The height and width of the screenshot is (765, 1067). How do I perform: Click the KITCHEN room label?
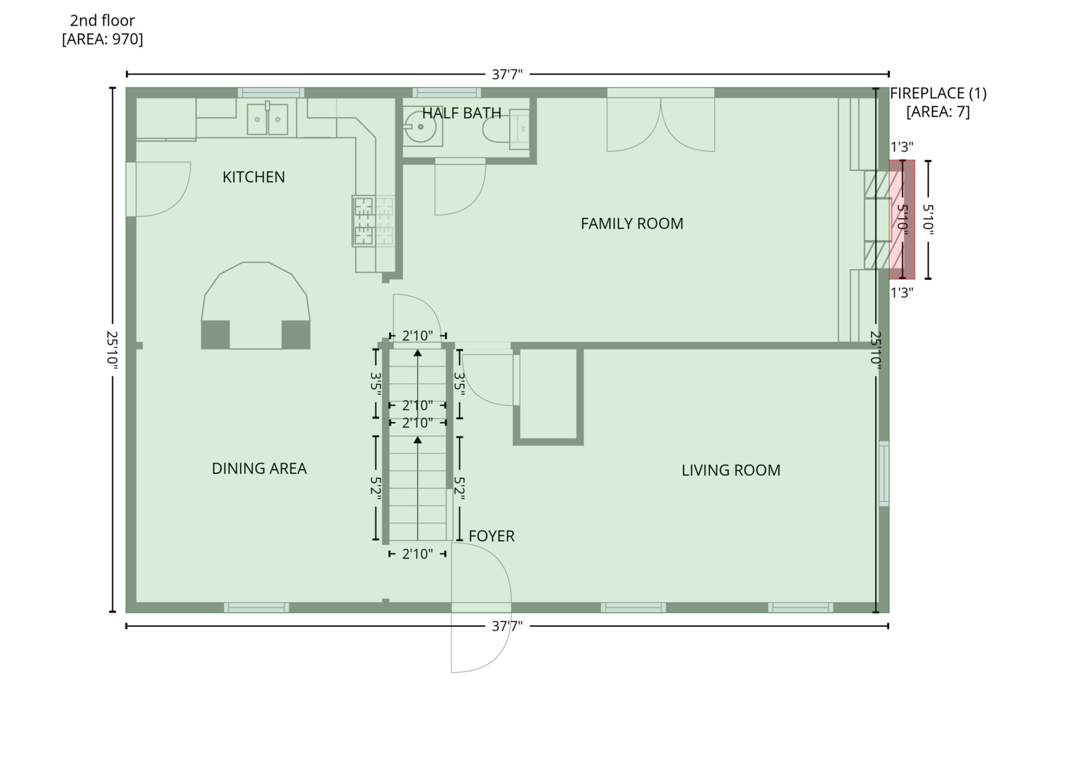click(x=254, y=177)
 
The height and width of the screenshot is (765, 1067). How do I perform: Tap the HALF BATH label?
click(x=461, y=113)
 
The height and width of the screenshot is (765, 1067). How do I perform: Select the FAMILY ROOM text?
click(x=631, y=224)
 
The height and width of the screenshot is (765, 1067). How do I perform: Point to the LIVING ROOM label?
click(x=730, y=470)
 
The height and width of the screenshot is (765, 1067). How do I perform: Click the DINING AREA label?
click(x=259, y=468)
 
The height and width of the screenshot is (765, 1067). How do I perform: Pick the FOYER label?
click(x=491, y=536)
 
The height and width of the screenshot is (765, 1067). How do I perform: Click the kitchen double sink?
click(x=268, y=119)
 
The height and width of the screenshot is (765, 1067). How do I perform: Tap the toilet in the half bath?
click(x=504, y=130)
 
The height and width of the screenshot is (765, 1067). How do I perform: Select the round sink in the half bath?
click(x=421, y=128)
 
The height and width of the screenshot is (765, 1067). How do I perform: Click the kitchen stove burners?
click(x=373, y=220)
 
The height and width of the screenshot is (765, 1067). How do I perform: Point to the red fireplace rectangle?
click(x=902, y=220)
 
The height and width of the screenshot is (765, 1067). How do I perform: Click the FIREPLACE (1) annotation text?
click(x=937, y=93)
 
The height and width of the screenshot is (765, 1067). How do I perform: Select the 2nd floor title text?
click(x=102, y=21)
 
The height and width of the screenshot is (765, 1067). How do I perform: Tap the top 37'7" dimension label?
click(x=507, y=74)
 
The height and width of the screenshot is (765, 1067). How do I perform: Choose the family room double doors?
click(x=660, y=124)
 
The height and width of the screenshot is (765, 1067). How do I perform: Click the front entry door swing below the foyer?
click(x=480, y=641)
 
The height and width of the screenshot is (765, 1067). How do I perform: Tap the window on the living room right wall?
click(x=883, y=473)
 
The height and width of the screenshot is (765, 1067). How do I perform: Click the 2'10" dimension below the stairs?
click(x=417, y=554)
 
